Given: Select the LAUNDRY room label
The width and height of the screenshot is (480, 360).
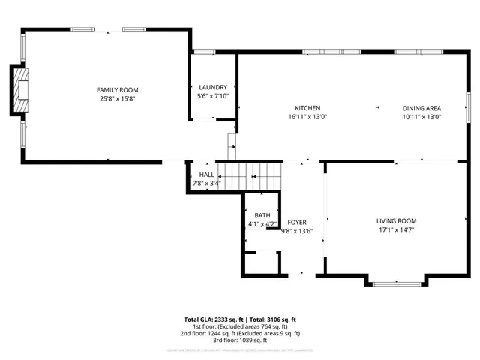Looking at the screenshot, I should click(x=212, y=88).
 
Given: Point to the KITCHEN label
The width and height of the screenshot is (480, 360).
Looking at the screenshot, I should click(x=307, y=107).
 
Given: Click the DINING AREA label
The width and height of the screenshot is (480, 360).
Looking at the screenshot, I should click(x=421, y=107).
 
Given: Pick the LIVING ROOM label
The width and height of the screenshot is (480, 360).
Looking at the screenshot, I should click(x=396, y=220).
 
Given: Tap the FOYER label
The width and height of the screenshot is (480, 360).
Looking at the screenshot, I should click(x=298, y=223).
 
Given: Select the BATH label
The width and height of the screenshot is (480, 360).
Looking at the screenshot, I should click(x=262, y=215).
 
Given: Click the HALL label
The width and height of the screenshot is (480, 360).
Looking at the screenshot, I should click(x=206, y=174).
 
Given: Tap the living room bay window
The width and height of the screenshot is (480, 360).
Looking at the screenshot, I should click(x=396, y=283).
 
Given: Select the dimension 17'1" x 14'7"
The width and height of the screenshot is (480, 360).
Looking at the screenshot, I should click(x=396, y=230).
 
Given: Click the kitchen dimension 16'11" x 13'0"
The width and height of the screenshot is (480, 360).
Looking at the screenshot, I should click(x=307, y=116).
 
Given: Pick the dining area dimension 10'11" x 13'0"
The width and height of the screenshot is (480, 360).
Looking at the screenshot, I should click(x=421, y=116).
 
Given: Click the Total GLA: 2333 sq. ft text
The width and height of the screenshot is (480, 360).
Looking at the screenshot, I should click(x=214, y=319).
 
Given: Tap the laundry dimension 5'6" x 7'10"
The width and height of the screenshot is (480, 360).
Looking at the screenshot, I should click(x=212, y=97).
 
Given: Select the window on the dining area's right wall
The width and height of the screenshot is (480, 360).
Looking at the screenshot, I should click(x=467, y=106).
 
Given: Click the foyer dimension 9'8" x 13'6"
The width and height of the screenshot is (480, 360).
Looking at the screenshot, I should click(x=298, y=232).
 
